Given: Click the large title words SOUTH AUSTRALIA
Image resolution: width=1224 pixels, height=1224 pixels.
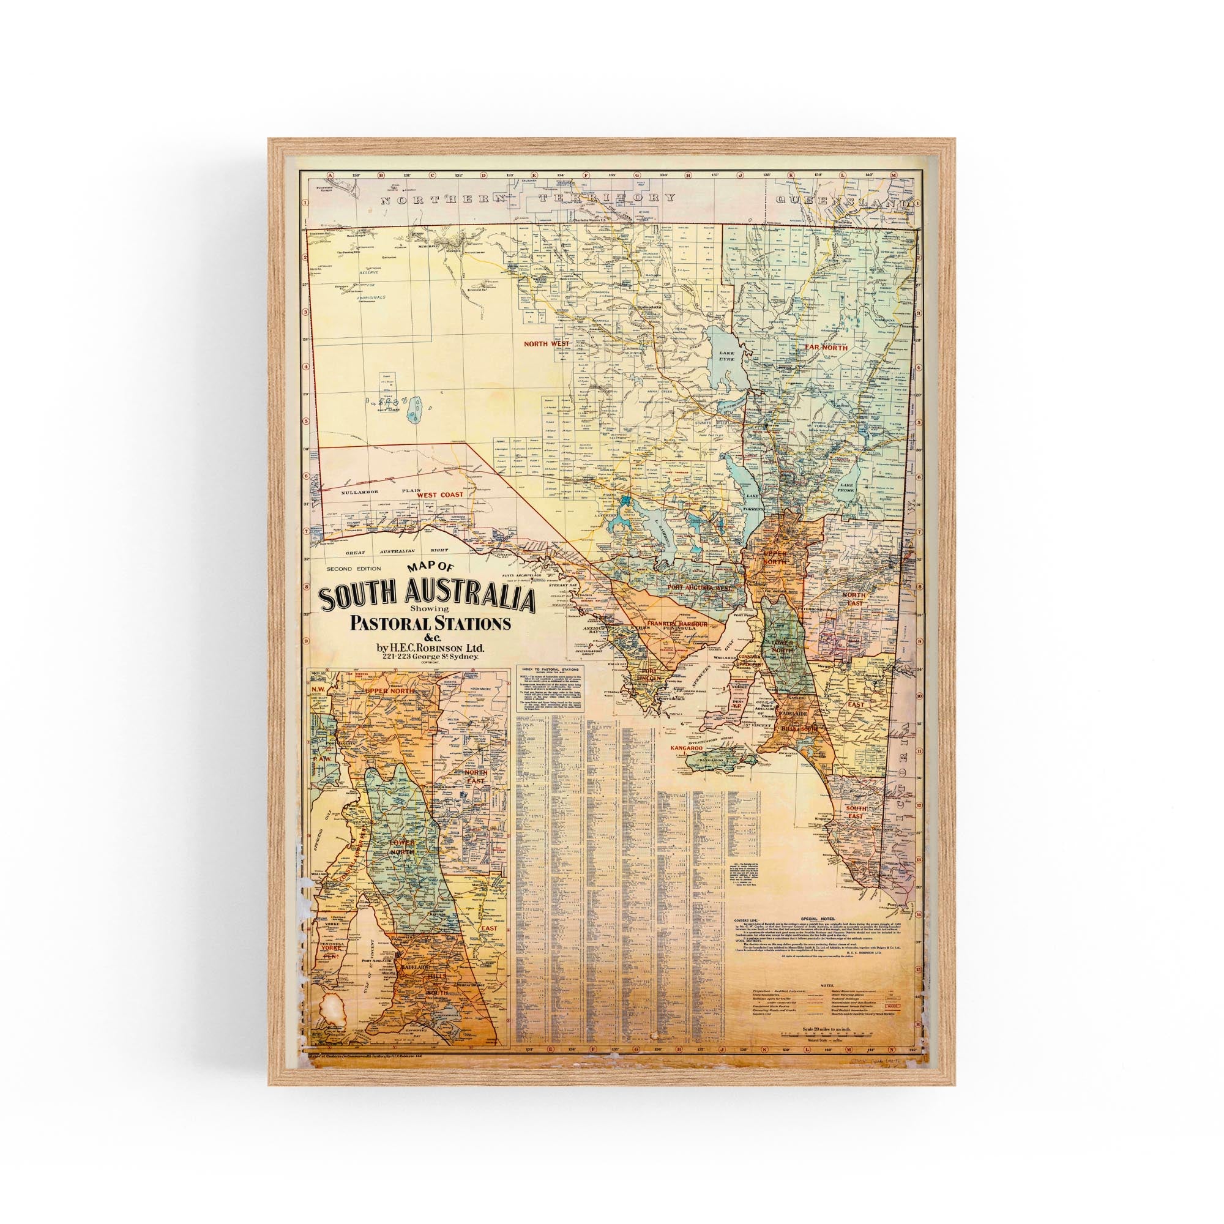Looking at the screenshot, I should [428, 598].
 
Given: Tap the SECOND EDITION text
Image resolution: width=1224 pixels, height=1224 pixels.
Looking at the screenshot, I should [349, 568].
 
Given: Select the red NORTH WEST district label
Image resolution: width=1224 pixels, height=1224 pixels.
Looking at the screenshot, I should [547, 344].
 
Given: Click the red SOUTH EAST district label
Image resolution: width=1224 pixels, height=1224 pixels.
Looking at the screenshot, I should [862, 813].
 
